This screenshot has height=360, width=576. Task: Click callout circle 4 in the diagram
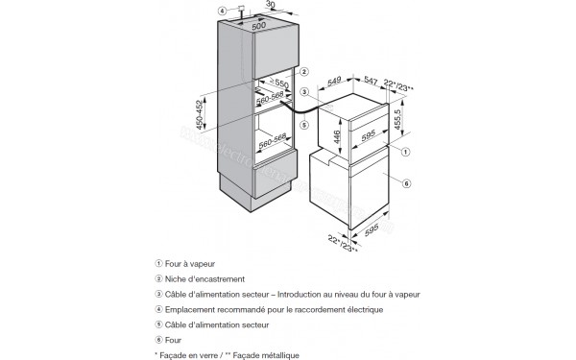[223, 12]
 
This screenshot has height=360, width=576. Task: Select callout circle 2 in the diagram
[302, 72]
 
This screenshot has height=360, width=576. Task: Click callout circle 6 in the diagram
[407, 183]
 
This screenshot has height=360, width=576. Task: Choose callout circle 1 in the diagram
[407, 151]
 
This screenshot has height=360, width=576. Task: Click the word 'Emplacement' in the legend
[193, 309]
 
